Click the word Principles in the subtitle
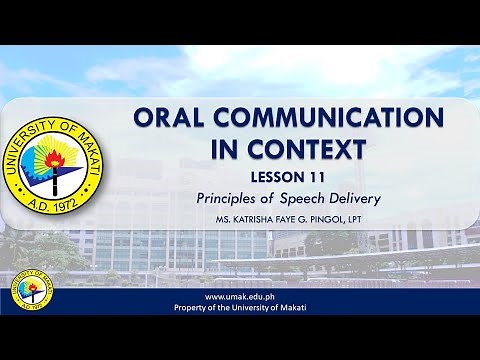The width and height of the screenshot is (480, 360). coord(229,198)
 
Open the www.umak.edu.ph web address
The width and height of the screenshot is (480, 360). coord(240,297)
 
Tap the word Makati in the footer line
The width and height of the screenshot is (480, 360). coord(291,308)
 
